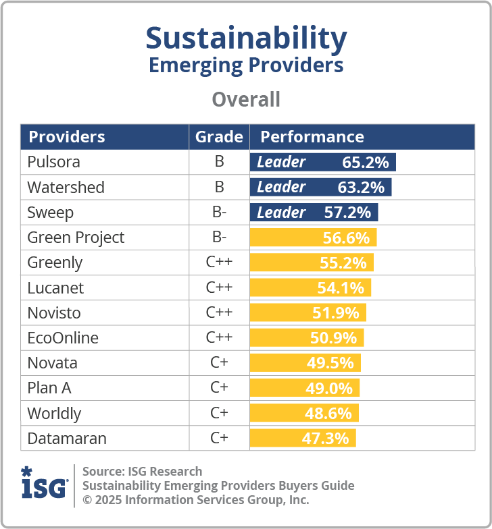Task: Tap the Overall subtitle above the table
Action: click(246, 100)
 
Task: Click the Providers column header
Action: click(67, 137)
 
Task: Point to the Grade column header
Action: click(219, 137)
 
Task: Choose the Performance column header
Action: click(312, 137)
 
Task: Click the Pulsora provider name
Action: click(54, 162)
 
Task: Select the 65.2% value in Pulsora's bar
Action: click(366, 162)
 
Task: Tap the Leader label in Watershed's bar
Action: click(281, 187)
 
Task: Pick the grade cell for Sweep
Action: click(219, 213)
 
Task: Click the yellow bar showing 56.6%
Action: click(313, 238)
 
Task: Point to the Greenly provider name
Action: click(55, 262)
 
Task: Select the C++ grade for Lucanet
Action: click(219, 287)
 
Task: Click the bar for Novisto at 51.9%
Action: click(308, 312)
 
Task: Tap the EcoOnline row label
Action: click(63, 337)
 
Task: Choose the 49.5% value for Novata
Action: click(330, 363)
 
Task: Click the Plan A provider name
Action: click(49, 388)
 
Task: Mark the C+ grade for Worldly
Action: click(219, 413)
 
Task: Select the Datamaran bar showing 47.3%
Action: click(303, 438)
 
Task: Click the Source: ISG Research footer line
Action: click(143, 471)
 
